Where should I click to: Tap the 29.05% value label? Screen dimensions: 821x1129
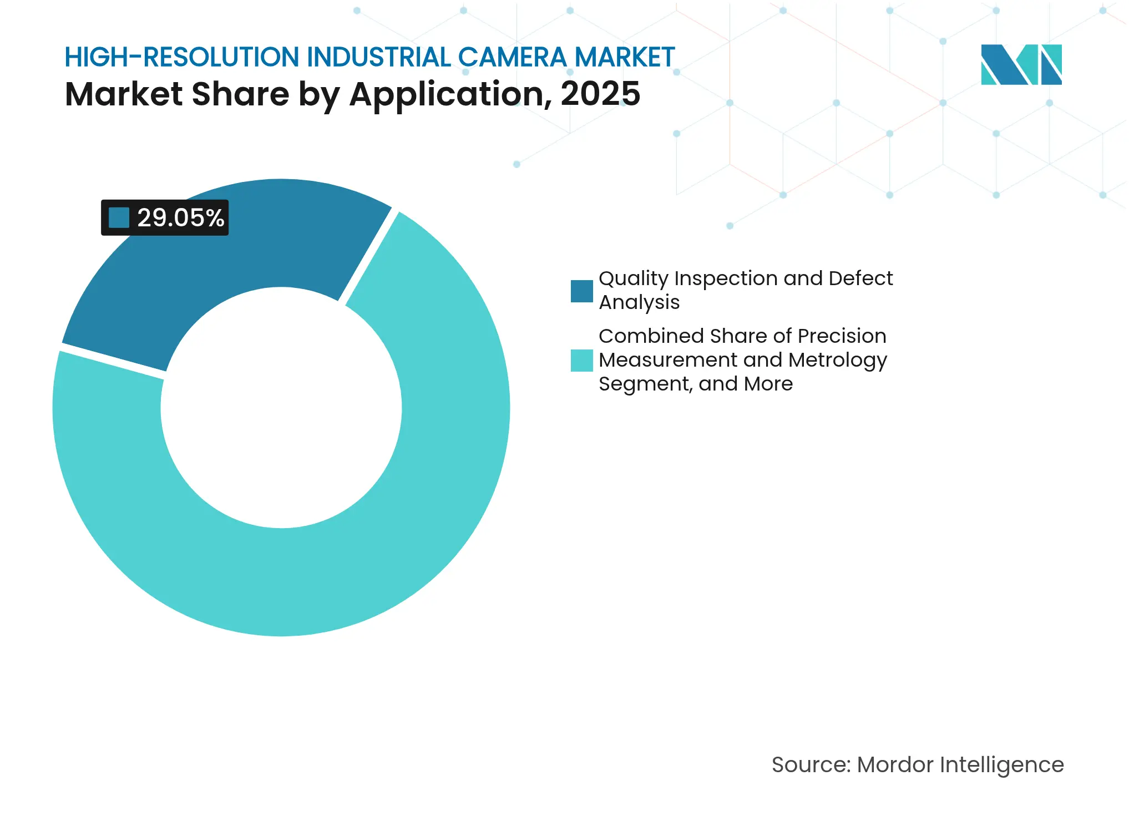pyautogui.click(x=180, y=217)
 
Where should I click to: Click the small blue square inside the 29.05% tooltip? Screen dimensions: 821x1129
pyautogui.click(x=119, y=217)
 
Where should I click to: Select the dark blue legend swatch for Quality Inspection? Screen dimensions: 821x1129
pyautogui.click(x=581, y=291)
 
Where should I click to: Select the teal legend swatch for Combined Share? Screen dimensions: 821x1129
pyautogui.click(x=581, y=360)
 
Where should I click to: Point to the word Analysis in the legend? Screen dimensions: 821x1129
pyautogui.click(x=639, y=302)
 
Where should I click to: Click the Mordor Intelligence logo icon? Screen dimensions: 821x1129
pyautogui.click(x=1021, y=64)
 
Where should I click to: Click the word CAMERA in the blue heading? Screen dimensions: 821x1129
pyautogui.click(x=512, y=57)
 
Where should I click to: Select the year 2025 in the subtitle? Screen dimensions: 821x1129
pyautogui.click(x=600, y=94)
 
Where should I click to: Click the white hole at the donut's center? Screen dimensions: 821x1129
pyautogui.click(x=281, y=408)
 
